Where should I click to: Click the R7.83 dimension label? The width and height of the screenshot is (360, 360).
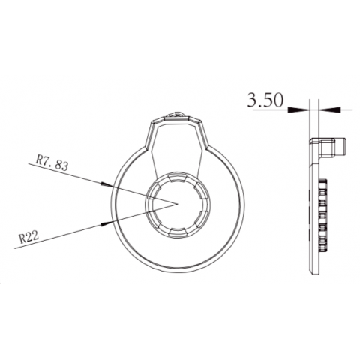[52, 163]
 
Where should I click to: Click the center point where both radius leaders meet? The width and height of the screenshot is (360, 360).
[177, 202]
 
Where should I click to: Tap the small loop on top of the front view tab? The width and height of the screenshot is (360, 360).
[178, 114]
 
